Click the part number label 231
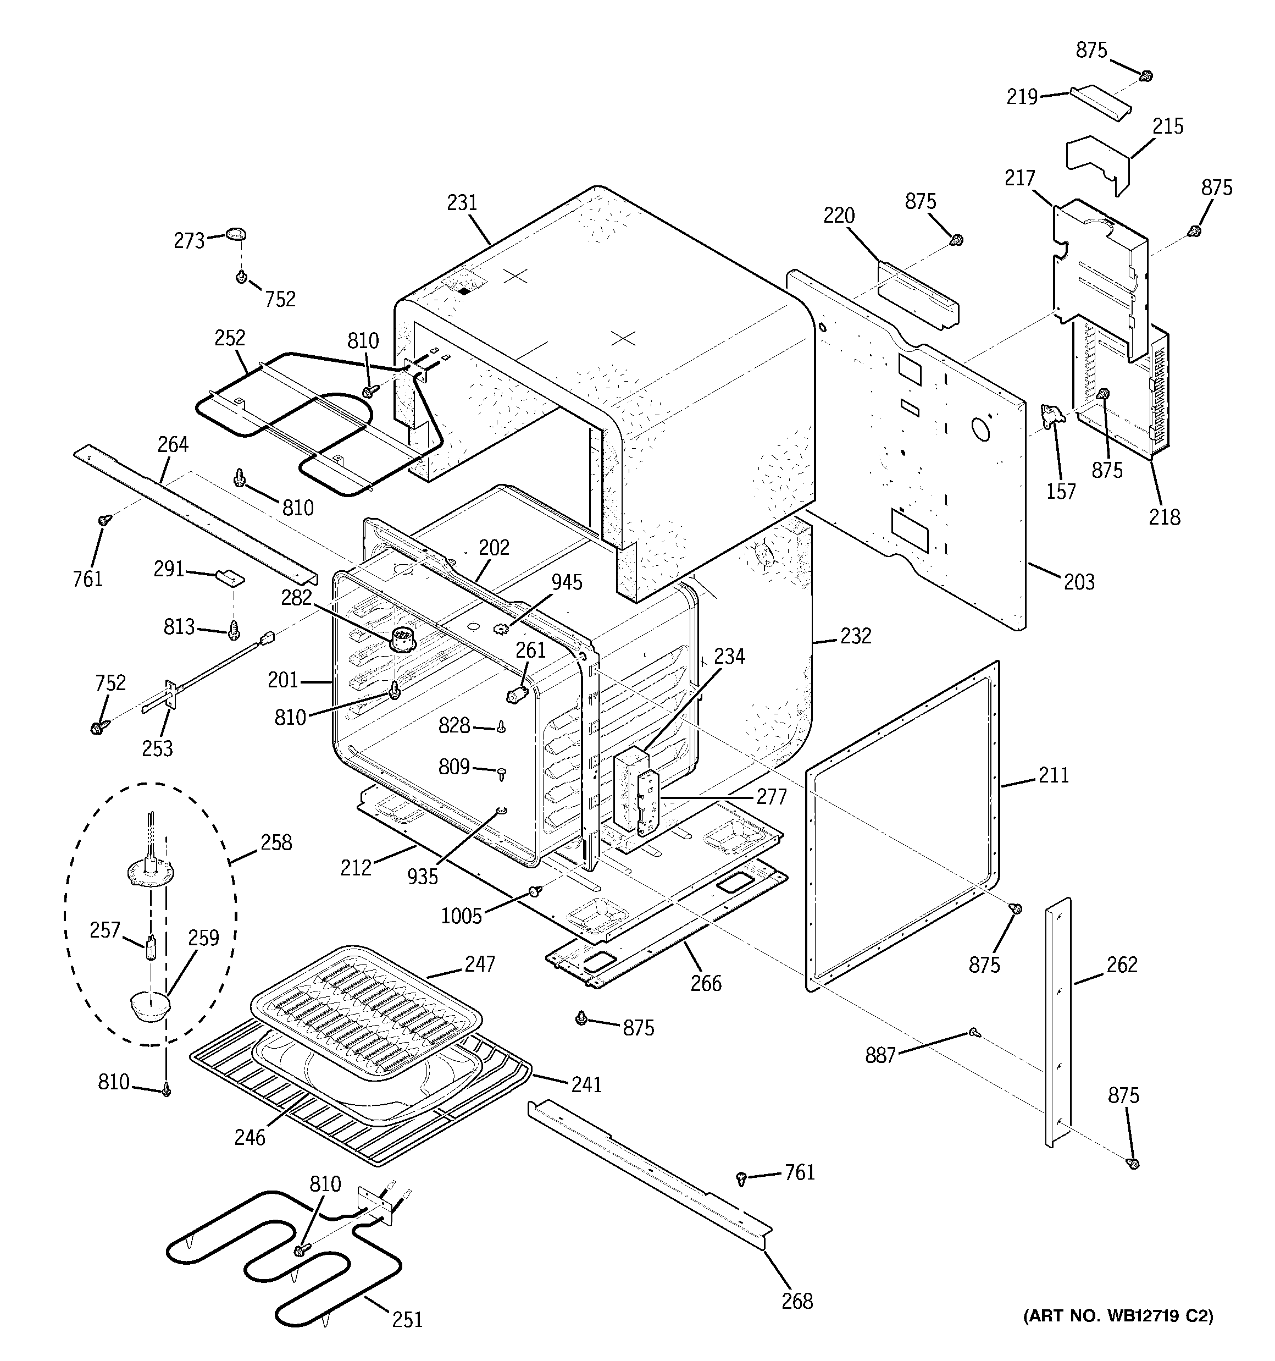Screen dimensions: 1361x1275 [x=462, y=203]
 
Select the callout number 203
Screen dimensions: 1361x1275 [x=1079, y=582]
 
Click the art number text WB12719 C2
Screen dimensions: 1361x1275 [x=1118, y=1315]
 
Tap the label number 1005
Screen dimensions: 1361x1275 [x=461, y=916]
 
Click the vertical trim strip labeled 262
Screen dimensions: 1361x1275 [x=1058, y=1027]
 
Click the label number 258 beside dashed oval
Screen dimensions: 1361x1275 [x=276, y=843]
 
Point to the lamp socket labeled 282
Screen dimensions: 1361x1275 [x=402, y=642]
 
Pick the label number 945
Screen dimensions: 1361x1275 [x=567, y=582]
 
